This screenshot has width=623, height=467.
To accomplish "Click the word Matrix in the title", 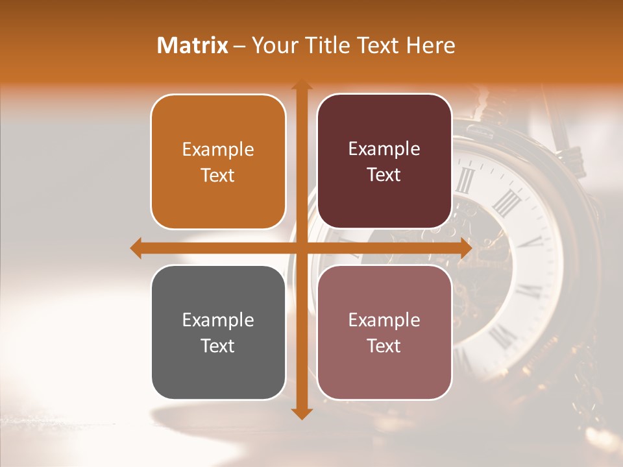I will click(193, 45).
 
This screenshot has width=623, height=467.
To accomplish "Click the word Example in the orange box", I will click(218, 150).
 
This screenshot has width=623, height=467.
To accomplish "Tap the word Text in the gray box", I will click(218, 346).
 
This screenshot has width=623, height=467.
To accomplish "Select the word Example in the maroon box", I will click(384, 149).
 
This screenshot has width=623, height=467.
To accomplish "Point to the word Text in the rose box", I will click(384, 346).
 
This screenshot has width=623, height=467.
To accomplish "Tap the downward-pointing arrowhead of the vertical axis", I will click(300, 413).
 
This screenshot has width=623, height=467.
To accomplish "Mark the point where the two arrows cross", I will click(300, 248).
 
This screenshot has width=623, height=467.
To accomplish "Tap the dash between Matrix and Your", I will click(239, 46).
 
